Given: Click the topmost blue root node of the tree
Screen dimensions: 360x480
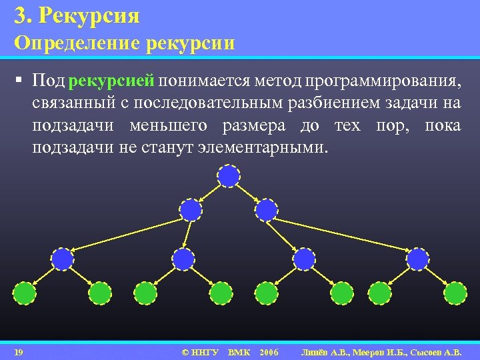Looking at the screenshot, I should (x=229, y=176).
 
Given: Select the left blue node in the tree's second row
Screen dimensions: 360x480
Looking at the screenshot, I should (x=191, y=210).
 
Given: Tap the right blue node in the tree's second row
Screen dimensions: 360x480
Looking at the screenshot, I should (x=267, y=210).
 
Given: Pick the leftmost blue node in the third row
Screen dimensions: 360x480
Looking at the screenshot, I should (x=63, y=259).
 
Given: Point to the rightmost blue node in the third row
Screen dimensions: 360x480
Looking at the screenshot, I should (x=417, y=259).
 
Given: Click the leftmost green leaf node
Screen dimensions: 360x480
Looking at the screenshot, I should (x=25, y=293).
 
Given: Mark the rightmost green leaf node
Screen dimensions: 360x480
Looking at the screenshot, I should (x=455, y=293).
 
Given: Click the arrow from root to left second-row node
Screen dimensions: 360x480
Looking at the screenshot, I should (x=210, y=193).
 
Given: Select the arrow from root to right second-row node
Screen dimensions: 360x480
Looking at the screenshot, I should (x=248, y=193).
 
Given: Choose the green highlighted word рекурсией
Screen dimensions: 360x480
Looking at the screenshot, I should (x=111, y=81).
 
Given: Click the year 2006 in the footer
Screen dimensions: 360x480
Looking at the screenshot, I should (x=269, y=351).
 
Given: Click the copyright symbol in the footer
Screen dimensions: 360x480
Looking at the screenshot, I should (x=185, y=351).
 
